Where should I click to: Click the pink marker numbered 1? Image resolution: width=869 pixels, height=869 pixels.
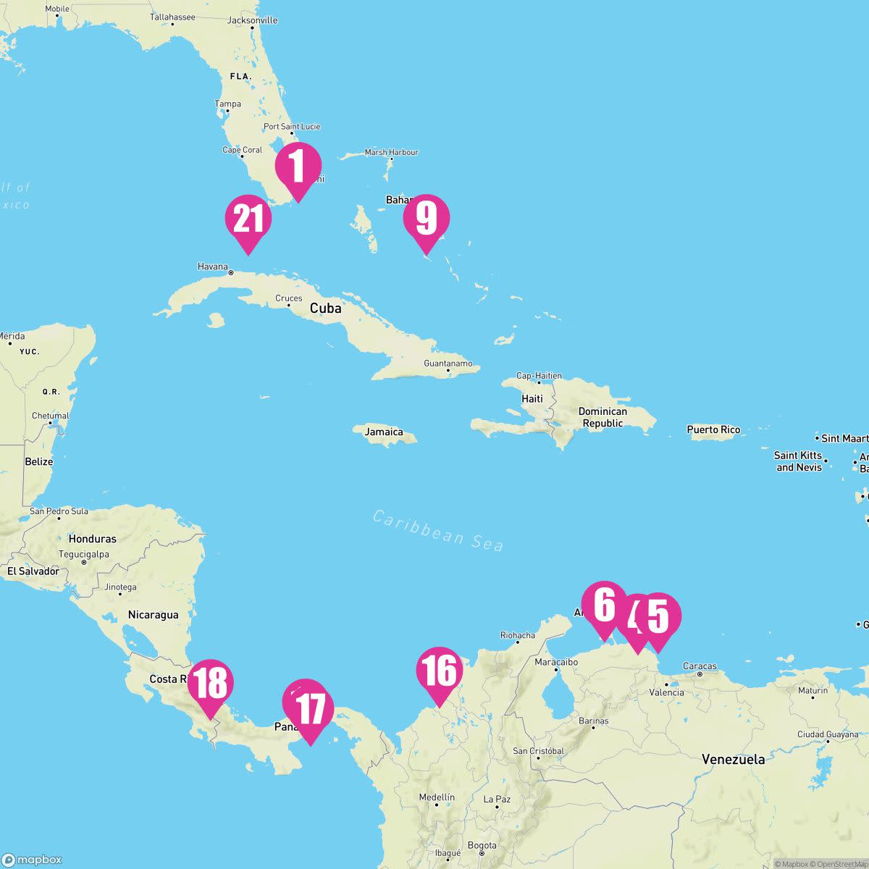[298, 167]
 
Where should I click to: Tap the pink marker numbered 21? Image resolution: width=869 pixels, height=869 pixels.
[248, 219]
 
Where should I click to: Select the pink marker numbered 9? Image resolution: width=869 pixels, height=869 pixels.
[427, 219]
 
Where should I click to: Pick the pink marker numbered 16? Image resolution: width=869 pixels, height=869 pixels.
[439, 671]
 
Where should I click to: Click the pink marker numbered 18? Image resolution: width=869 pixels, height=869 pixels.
[211, 684]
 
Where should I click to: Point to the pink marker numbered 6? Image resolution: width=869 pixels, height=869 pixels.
[604, 605]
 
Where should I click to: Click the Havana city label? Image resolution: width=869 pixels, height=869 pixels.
[212, 266]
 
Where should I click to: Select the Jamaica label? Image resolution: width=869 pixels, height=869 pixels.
[384, 432]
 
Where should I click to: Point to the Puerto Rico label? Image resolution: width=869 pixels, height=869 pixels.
[713, 430]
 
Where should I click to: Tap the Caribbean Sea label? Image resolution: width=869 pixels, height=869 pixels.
[437, 530]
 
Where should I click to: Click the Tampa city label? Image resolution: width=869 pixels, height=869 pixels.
[227, 104]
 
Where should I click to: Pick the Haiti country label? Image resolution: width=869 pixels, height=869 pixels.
[532, 399]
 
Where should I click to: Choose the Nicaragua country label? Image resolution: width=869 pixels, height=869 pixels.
[153, 615]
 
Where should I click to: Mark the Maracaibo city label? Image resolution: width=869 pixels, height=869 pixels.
[555, 662]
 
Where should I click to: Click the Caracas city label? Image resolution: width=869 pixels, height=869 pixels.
[700, 666]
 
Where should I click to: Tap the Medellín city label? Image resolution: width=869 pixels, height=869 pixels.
[437, 797]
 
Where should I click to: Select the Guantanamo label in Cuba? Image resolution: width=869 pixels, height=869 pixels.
[448, 364]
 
